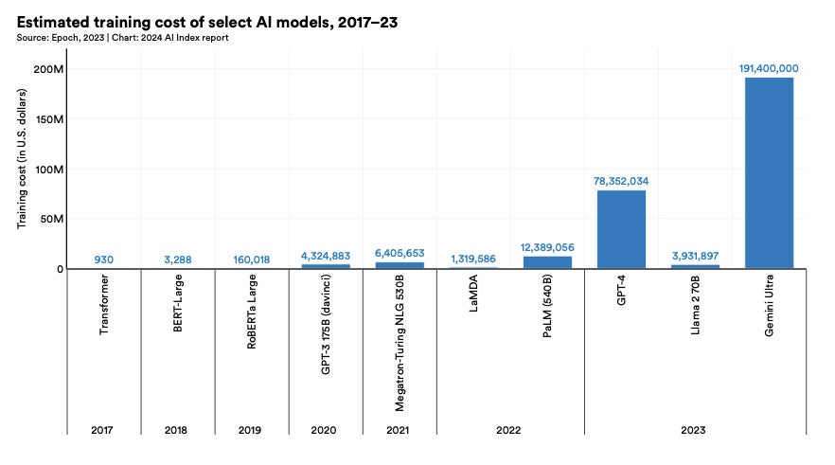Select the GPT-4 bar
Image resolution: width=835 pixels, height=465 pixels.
click(x=621, y=229)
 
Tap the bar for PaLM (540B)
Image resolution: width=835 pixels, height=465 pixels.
click(x=547, y=262)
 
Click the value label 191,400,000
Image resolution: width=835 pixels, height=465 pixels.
click(x=769, y=69)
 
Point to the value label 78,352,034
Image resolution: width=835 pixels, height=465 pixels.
click(x=621, y=181)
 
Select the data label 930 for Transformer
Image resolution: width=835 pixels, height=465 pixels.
click(x=104, y=259)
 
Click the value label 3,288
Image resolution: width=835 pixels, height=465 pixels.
click(x=178, y=259)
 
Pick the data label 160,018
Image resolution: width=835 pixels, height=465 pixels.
click(x=252, y=259)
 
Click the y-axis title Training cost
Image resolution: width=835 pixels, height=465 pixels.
click(x=22, y=169)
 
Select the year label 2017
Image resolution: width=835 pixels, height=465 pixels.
click(x=104, y=429)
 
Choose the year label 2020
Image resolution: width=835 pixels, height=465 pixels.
click(x=326, y=429)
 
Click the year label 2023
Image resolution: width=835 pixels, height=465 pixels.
click(x=695, y=429)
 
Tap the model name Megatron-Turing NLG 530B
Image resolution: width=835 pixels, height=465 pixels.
click(x=400, y=343)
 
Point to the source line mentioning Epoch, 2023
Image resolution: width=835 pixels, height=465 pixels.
click(x=123, y=38)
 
